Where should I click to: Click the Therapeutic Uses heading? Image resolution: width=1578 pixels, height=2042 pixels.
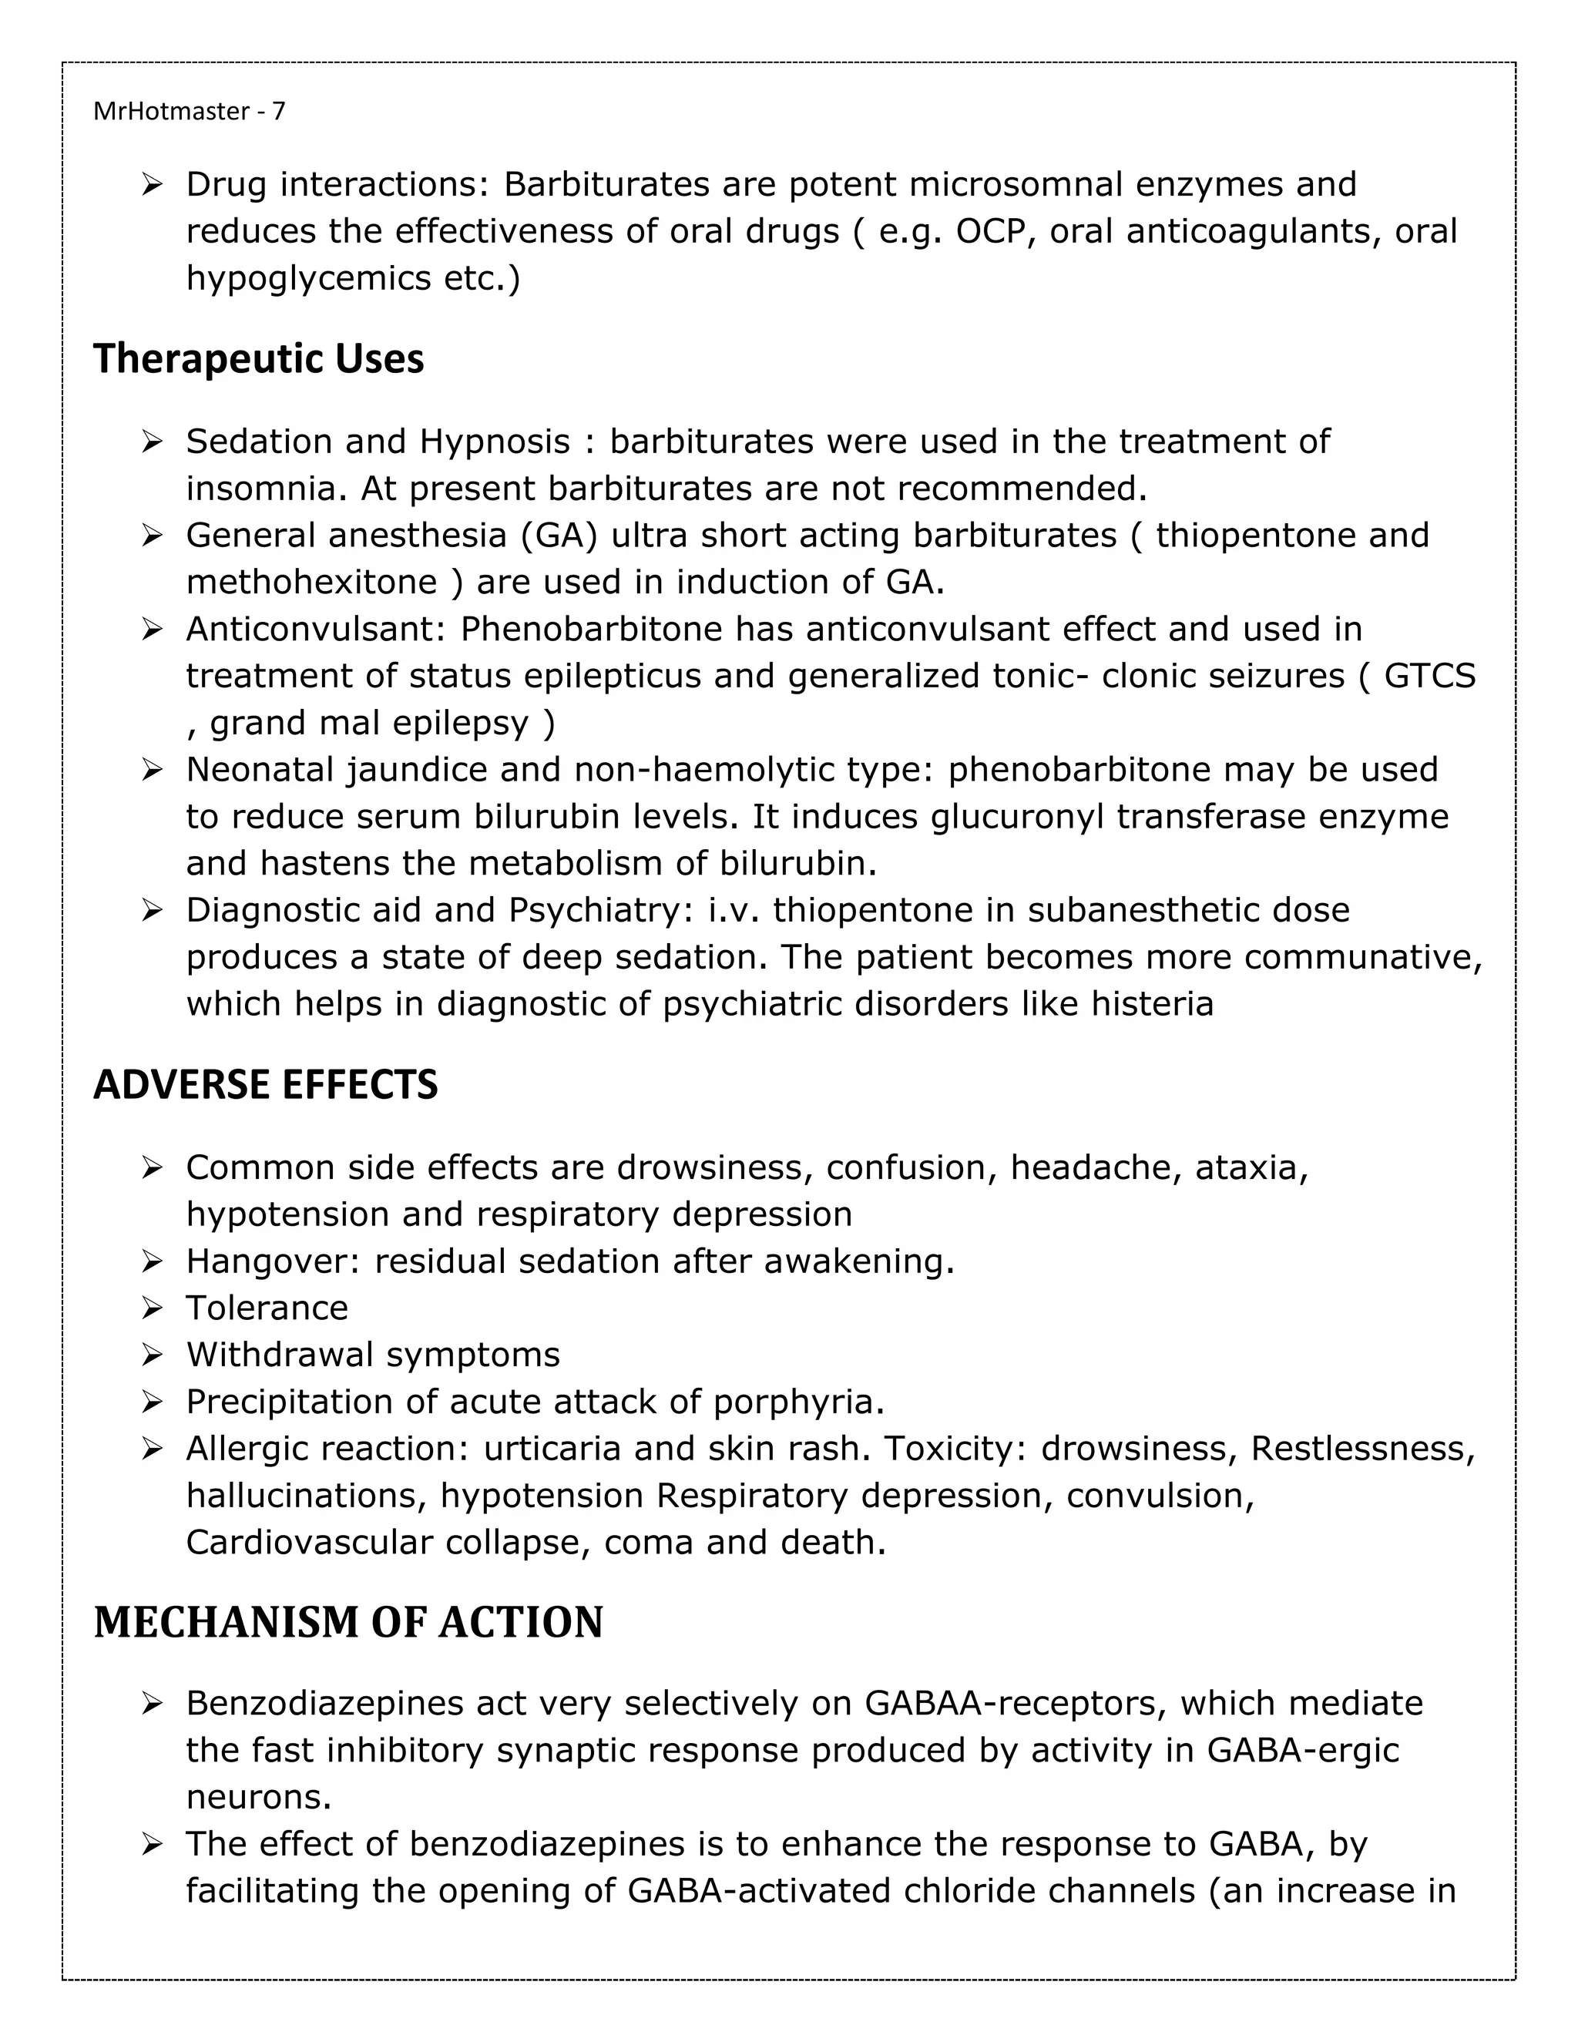(259, 359)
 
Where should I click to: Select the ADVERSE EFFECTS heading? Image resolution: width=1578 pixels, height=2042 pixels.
(266, 1085)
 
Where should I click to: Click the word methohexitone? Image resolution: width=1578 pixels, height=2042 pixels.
(311, 583)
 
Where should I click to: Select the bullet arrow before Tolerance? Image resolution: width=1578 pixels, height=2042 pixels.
(153, 1308)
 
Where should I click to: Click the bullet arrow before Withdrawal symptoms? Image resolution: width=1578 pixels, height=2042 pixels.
(153, 1355)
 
